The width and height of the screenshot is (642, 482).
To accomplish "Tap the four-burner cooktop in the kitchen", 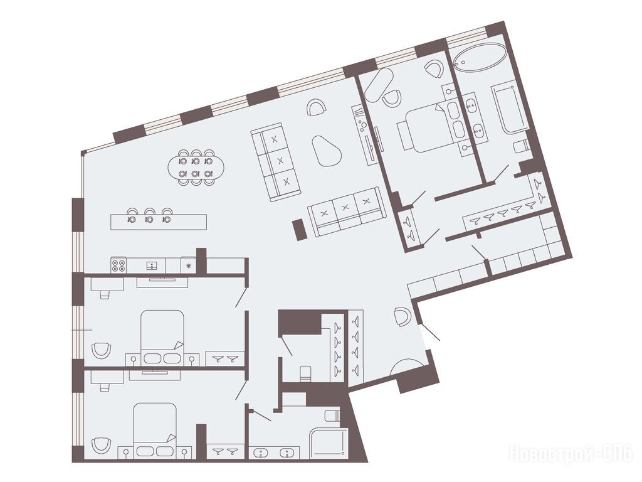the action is [118, 265].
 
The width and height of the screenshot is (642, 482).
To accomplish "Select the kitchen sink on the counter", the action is [152, 265].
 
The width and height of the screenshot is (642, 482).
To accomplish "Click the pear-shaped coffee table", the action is [326, 151].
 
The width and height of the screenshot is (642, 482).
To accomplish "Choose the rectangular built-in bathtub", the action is [510, 108].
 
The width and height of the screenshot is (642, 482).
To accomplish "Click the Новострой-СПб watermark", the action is [571, 454].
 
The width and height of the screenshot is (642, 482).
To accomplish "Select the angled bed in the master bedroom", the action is [426, 128].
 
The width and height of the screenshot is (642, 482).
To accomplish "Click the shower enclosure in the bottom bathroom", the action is [329, 443].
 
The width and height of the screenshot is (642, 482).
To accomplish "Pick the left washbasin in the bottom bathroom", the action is [260, 453].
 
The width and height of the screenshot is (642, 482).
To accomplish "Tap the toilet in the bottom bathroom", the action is [332, 415].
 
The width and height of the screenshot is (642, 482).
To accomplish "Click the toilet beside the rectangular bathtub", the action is [521, 146].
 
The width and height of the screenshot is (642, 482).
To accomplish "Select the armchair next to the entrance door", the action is [402, 316].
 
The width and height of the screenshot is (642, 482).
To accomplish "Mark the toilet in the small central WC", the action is [305, 373].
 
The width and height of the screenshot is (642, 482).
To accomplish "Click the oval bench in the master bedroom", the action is [378, 85].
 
